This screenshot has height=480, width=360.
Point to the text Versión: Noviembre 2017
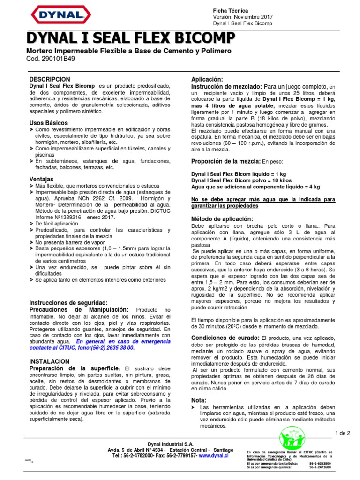coord(242,17)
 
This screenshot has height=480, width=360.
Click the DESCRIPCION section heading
coord(50,80)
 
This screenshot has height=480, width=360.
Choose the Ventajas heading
coord(41,179)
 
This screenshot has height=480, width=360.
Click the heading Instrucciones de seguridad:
coord(68,303)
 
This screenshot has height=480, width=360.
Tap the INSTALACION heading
coord(49,361)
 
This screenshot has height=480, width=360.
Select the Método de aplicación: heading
coord(222,219)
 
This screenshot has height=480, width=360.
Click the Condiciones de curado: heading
coord(225,338)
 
